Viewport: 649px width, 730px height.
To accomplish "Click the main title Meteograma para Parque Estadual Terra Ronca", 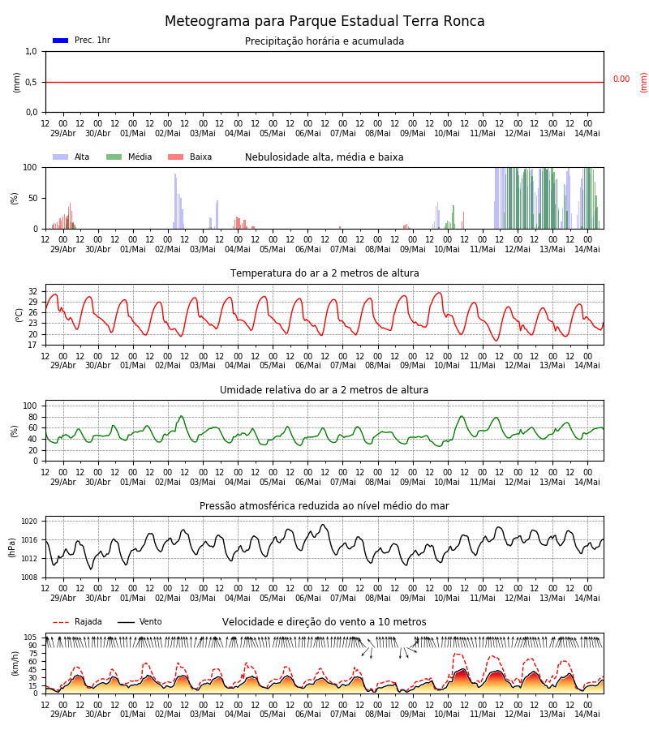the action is click(x=324, y=21).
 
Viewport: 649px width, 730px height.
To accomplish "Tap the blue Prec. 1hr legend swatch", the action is click(x=61, y=41).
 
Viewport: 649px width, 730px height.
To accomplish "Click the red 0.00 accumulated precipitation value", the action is click(x=621, y=79).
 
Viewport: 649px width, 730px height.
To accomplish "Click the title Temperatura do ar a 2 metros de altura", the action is click(x=324, y=273).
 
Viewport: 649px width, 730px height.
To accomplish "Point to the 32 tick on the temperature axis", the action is click(x=32, y=291).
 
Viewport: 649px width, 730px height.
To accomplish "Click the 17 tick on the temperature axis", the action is click(x=32, y=345).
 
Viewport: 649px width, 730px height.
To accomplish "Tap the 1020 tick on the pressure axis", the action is click(x=29, y=522).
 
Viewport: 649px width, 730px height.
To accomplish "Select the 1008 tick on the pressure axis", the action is click(x=29, y=578).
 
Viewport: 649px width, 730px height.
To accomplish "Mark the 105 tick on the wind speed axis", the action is click(x=31, y=638).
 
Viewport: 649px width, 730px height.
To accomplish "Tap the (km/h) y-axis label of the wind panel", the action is click(x=15, y=663).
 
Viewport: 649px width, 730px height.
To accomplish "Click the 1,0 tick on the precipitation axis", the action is click(x=31, y=52).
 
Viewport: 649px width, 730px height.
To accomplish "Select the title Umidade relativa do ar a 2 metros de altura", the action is click(x=324, y=390).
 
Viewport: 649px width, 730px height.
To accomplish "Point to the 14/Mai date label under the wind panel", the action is click(x=587, y=714).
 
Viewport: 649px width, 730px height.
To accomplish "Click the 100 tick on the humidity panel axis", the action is click(x=30, y=406).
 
